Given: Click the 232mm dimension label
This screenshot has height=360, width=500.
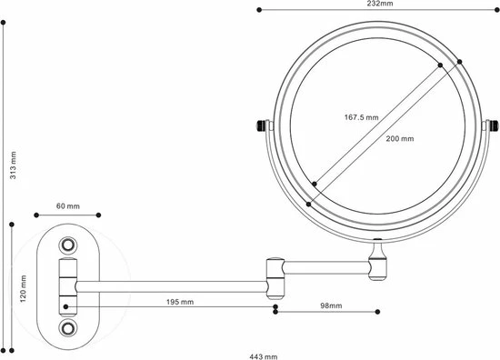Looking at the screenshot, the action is pos(380,4).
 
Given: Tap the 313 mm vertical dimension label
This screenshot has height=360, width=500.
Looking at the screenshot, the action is pos(13,165).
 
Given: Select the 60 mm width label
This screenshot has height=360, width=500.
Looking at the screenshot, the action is pos(68,206).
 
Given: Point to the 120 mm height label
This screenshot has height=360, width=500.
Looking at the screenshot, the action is pos(23,288).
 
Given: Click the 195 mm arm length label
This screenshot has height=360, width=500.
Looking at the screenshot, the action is pos(180,302).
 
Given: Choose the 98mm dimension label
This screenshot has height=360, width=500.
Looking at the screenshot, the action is pos(331,305).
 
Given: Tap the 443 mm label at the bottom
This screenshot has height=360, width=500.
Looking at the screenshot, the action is pos(263,356).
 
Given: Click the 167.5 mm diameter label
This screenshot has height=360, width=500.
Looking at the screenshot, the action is pos(361,117).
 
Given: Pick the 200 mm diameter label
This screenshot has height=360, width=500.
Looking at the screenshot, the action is pos(400,139).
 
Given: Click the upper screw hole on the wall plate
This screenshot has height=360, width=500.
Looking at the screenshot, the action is pos(68,245).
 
